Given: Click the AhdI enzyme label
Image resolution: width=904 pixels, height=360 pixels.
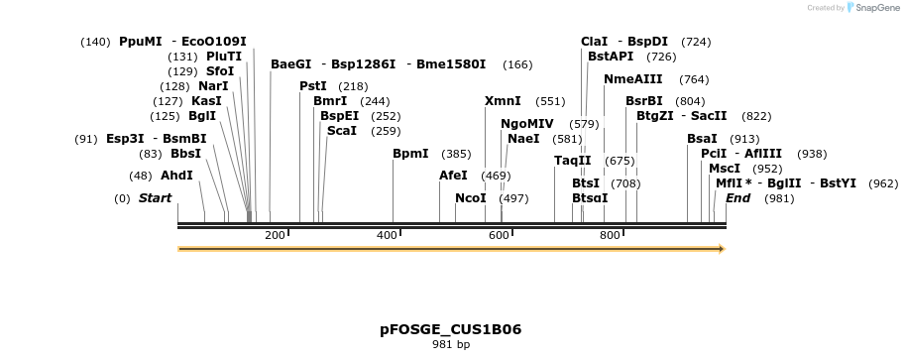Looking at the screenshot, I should point(176,176).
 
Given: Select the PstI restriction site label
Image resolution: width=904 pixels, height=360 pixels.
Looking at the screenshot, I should point(313,86).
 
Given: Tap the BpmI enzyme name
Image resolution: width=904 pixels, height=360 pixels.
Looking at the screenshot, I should point(410,154).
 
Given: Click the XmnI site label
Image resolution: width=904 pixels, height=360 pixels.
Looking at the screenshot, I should point(503,101).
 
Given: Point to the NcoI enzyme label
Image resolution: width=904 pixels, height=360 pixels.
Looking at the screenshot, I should point(471,198).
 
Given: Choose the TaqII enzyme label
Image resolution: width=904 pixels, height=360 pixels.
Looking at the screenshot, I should point(573,161).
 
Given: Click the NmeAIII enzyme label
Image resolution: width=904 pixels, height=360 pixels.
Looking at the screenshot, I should point(633,79).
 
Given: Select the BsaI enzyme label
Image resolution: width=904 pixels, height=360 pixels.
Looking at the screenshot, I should point(702,139).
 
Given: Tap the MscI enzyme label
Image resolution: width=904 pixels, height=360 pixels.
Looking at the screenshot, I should point(725,169).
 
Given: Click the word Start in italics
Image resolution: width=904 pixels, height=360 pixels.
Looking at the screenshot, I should point(155,198).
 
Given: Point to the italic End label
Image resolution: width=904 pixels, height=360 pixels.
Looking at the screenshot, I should point(738,198).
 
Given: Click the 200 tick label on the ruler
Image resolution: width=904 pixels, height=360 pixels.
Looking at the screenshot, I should point(276,235).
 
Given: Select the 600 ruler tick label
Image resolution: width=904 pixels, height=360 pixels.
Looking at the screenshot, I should point(499,235).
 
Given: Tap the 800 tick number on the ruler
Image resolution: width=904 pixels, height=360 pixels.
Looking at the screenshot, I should point(610,235).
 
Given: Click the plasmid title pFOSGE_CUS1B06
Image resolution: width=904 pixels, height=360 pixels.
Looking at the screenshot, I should point(451,328).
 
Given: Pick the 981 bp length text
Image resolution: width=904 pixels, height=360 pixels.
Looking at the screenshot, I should point(451,345).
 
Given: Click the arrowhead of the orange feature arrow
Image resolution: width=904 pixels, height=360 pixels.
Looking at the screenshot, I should point(721,249).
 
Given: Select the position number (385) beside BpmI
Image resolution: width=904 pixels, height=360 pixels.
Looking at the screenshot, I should point(456,154).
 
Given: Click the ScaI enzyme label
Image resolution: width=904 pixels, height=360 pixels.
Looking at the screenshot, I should point(342,131).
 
